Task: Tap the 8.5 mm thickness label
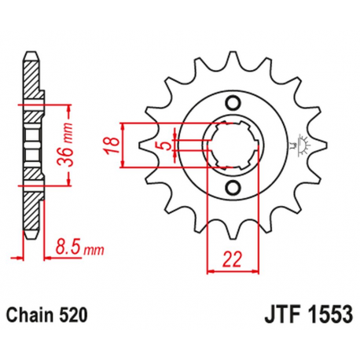81,250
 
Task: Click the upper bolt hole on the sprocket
233,102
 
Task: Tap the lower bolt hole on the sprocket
233,186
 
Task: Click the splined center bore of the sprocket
233,144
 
